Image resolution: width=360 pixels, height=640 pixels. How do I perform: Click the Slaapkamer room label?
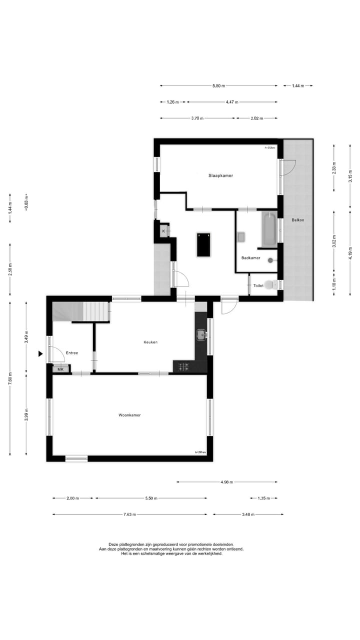coord(220,175)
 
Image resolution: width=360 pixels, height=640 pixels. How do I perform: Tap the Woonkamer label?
coord(129,415)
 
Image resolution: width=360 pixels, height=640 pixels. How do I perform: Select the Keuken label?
coord(150,342)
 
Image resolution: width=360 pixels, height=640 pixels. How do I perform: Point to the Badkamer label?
coord(250,257)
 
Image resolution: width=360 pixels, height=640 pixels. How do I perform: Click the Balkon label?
coord(298,220)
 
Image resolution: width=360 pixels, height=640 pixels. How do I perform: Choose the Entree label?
coord(72,353)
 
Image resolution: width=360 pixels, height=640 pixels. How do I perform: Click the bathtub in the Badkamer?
coord(269,229)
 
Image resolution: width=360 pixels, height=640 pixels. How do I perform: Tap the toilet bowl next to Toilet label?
coord(270,285)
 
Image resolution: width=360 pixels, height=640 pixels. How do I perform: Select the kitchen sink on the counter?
coord(201,334)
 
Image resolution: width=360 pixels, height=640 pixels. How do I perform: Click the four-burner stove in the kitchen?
coord(183,366)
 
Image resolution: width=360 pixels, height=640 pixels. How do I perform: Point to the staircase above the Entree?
coord(82,312)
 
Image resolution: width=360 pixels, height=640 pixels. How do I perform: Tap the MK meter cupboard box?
coord(61,369)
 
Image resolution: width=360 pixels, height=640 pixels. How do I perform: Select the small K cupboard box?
coord(163,231)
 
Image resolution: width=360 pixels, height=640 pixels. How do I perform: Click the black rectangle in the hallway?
coord(203,244)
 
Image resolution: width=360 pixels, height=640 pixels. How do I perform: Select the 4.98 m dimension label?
coord(227,482)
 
